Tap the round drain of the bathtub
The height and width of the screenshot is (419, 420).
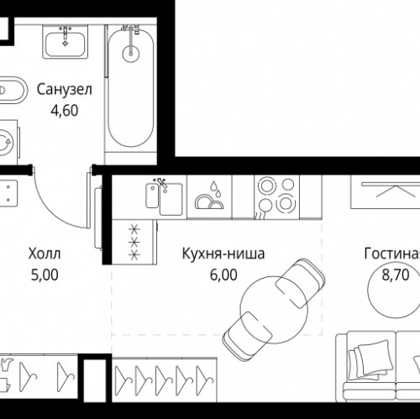coord(131,54)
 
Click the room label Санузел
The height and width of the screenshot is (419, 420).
coord(58,88)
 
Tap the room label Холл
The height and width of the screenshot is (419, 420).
coord(45,254)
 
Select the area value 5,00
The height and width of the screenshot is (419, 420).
coord(45,273)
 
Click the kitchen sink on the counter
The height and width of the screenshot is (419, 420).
coord(160,196)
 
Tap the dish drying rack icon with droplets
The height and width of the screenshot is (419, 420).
coord(210,196)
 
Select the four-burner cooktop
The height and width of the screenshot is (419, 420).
coord(273,195)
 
